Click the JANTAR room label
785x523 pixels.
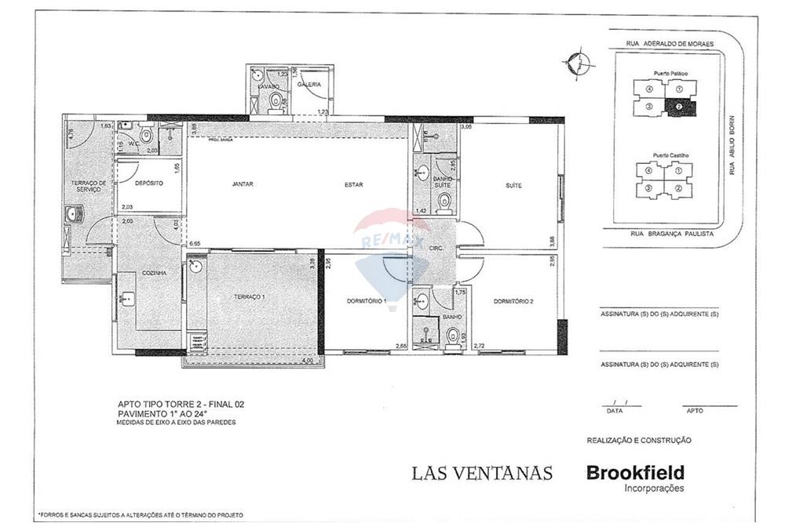(x=243, y=185)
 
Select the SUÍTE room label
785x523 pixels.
(x=513, y=185)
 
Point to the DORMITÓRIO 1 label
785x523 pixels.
(x=367, y=301)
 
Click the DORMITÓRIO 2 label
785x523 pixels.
(x=513, y=301)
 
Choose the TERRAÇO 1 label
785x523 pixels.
(x=250, y=297)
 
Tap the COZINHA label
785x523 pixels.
(x=153, y=273)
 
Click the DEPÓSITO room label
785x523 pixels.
(x=148, y=183)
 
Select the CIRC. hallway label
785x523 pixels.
(x=437, y=248)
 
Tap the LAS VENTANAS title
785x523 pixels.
(x=482, y=473)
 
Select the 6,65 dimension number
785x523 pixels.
(x=195, y=244)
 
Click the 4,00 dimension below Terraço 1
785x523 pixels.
(x=307, y=361)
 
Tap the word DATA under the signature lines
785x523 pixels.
(x=614, y=410)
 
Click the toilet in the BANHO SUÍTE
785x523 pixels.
(x=445, y=203)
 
